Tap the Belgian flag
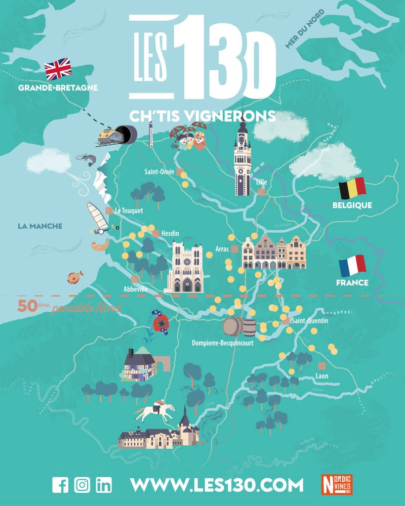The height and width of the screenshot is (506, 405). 352,188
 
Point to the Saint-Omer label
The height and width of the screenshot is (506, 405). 159,172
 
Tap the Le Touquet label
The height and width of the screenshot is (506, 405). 129,210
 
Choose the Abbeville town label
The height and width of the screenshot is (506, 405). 135,288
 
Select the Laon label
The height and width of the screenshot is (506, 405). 322,376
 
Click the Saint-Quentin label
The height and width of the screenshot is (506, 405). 310,321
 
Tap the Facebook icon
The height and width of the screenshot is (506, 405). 60,485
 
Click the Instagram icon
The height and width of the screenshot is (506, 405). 82,485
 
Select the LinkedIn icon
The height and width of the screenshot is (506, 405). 104,485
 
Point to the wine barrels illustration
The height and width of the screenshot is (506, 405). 239,327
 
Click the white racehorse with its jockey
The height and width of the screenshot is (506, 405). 155,410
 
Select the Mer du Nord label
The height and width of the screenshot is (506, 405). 304,31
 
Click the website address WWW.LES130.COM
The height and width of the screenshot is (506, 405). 217,485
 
